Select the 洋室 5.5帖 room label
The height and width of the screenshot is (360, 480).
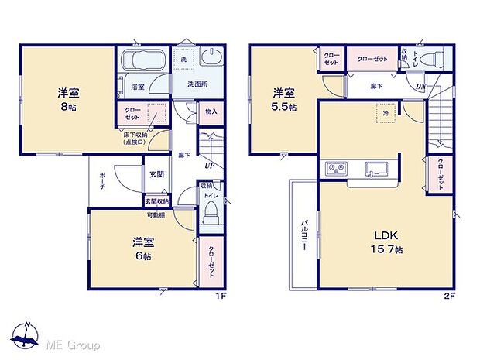tap(283, 100)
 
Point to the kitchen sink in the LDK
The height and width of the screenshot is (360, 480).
tap(377, 168)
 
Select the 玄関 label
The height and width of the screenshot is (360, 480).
tap(156, 175)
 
